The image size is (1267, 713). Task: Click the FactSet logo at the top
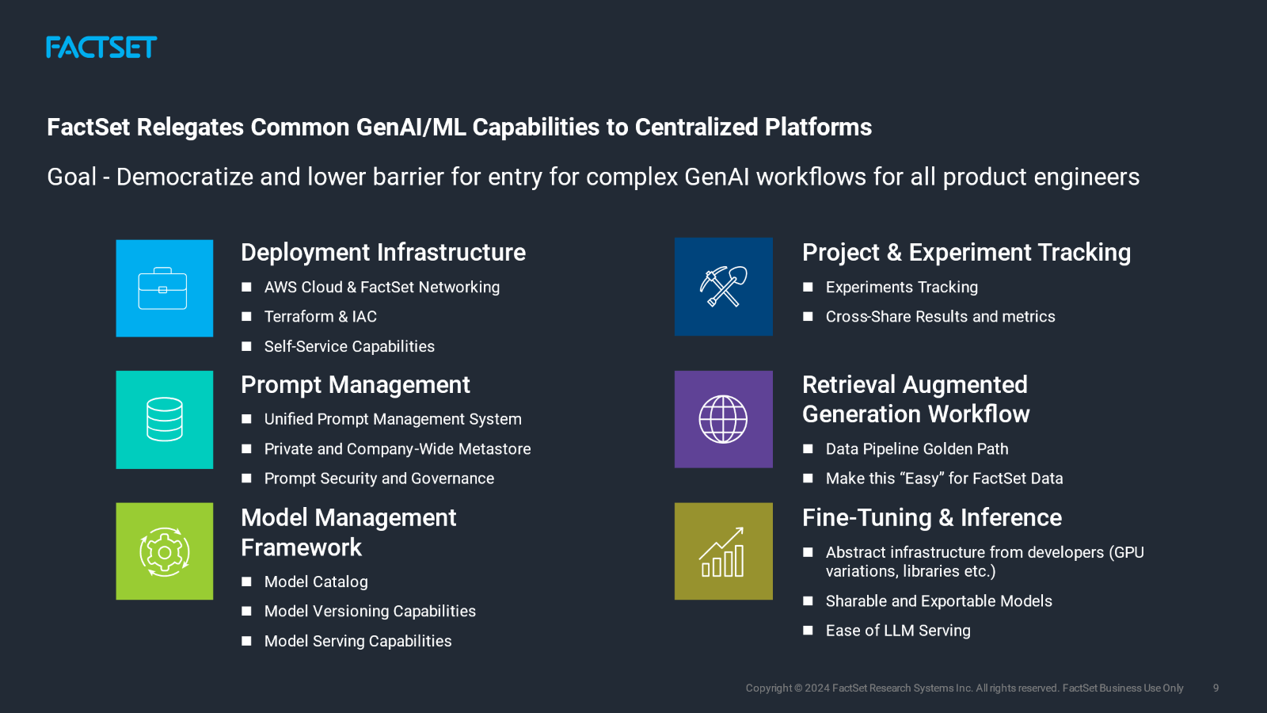point(101,48)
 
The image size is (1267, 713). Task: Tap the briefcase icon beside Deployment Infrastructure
point(164,288)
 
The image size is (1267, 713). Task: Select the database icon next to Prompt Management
point(164,420)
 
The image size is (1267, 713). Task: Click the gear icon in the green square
point(164,551)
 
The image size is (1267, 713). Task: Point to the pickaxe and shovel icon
point(723,287)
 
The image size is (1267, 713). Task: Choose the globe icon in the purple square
point(723,419)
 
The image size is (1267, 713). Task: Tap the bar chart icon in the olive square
point(723,551)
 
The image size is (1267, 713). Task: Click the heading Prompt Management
point(355,385)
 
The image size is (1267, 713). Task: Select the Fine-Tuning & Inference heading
point(931,518)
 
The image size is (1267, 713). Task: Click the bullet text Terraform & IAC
point(320,317)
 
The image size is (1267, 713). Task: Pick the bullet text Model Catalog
point(315,582)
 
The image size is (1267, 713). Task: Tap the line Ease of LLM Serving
point(897,631)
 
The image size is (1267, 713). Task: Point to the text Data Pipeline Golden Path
point(916,449)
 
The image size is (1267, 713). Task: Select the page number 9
point(1216,688)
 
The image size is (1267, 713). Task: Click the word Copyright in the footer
point(768,688)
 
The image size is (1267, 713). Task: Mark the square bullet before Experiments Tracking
point(808,288)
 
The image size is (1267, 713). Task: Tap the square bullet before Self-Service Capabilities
point(246,346)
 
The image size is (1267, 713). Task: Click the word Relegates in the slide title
point(190,128)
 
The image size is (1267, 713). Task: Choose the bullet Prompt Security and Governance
point(379,479)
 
